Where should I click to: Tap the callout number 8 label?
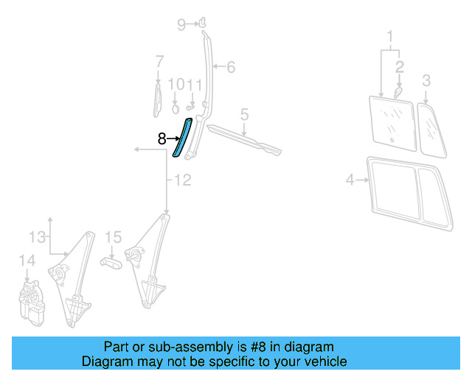pos(162,138)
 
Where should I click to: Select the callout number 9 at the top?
pos(181,25)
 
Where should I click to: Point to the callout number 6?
pos(230,68)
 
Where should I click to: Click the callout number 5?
pos(244,114)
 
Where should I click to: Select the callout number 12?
pos(182,180)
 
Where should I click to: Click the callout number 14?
pos(27,260)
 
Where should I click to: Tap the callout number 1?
pos(390,35)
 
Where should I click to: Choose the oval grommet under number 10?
pos(176,108)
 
